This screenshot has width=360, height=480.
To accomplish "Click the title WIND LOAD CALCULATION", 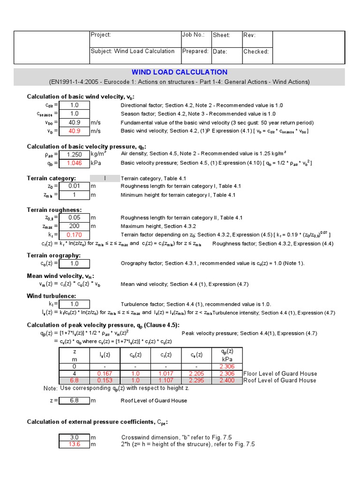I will (180, 72).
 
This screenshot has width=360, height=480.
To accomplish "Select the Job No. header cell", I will (193, 35).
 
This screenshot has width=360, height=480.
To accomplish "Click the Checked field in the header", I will (256, 52).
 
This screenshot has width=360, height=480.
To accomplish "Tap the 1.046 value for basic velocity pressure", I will (74, 163).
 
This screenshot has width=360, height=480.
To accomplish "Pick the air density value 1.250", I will (74, 155).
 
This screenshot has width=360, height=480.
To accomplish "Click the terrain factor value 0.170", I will (74, 234).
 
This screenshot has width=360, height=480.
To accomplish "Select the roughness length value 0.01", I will (74, 187).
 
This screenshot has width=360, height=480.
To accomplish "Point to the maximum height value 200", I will (74, 226).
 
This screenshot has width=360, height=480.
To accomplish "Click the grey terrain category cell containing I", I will (105, 178).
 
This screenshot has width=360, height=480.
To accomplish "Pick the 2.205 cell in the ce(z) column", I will (196, 374).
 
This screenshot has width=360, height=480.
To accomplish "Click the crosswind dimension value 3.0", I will (74, 437).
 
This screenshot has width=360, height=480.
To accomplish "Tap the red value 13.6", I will (74, 444).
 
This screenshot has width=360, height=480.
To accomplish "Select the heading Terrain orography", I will (53, 255).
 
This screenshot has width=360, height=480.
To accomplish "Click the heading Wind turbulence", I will (51, 296).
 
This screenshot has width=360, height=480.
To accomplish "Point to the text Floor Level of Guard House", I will (280, 374).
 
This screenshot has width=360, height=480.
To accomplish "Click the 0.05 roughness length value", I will (74, 217).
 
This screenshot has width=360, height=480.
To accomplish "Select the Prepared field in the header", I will (195, 51).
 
